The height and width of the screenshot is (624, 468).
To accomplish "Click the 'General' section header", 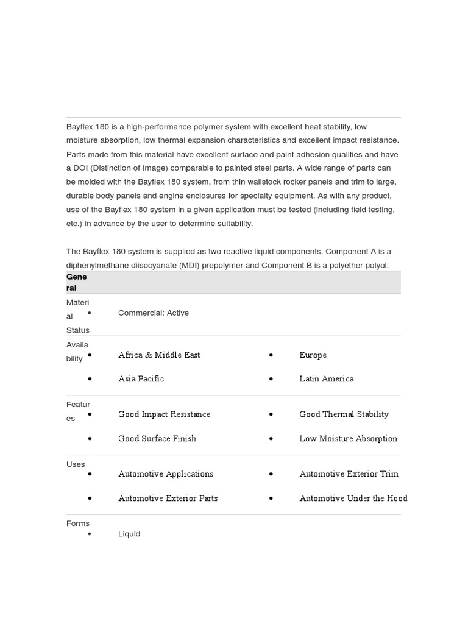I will [76, 282].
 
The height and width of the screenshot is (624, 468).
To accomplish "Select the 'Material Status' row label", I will [77, 316].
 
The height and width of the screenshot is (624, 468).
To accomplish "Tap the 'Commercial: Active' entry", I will [153, 313].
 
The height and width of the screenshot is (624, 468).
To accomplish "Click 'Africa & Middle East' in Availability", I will [159, 355].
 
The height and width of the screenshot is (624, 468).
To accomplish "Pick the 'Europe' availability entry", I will [313, 355].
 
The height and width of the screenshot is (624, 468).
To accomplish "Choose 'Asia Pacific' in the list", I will [141, 378].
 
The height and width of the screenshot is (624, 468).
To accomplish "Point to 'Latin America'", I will [326, 378].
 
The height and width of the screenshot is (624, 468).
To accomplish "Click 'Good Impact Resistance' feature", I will [164, 414].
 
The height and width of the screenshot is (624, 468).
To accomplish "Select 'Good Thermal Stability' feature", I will [344, 414].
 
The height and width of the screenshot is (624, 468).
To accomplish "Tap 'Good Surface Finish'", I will [157, 438].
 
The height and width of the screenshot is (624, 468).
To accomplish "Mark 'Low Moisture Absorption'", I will [348, 438].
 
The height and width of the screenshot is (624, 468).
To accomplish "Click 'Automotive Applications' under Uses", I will [166, 473].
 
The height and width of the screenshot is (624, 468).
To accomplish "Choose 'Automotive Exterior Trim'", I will [349, 473].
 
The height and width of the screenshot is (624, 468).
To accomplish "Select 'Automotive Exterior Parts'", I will [168, 498].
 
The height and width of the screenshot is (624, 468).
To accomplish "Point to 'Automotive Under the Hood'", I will [353, 498].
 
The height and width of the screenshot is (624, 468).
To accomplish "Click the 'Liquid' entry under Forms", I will [129, 533].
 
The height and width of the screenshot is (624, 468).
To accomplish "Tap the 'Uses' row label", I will [76, 464].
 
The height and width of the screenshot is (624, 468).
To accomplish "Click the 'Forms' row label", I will [77, 523].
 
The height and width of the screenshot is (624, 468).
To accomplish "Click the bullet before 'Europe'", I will [271, 355].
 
